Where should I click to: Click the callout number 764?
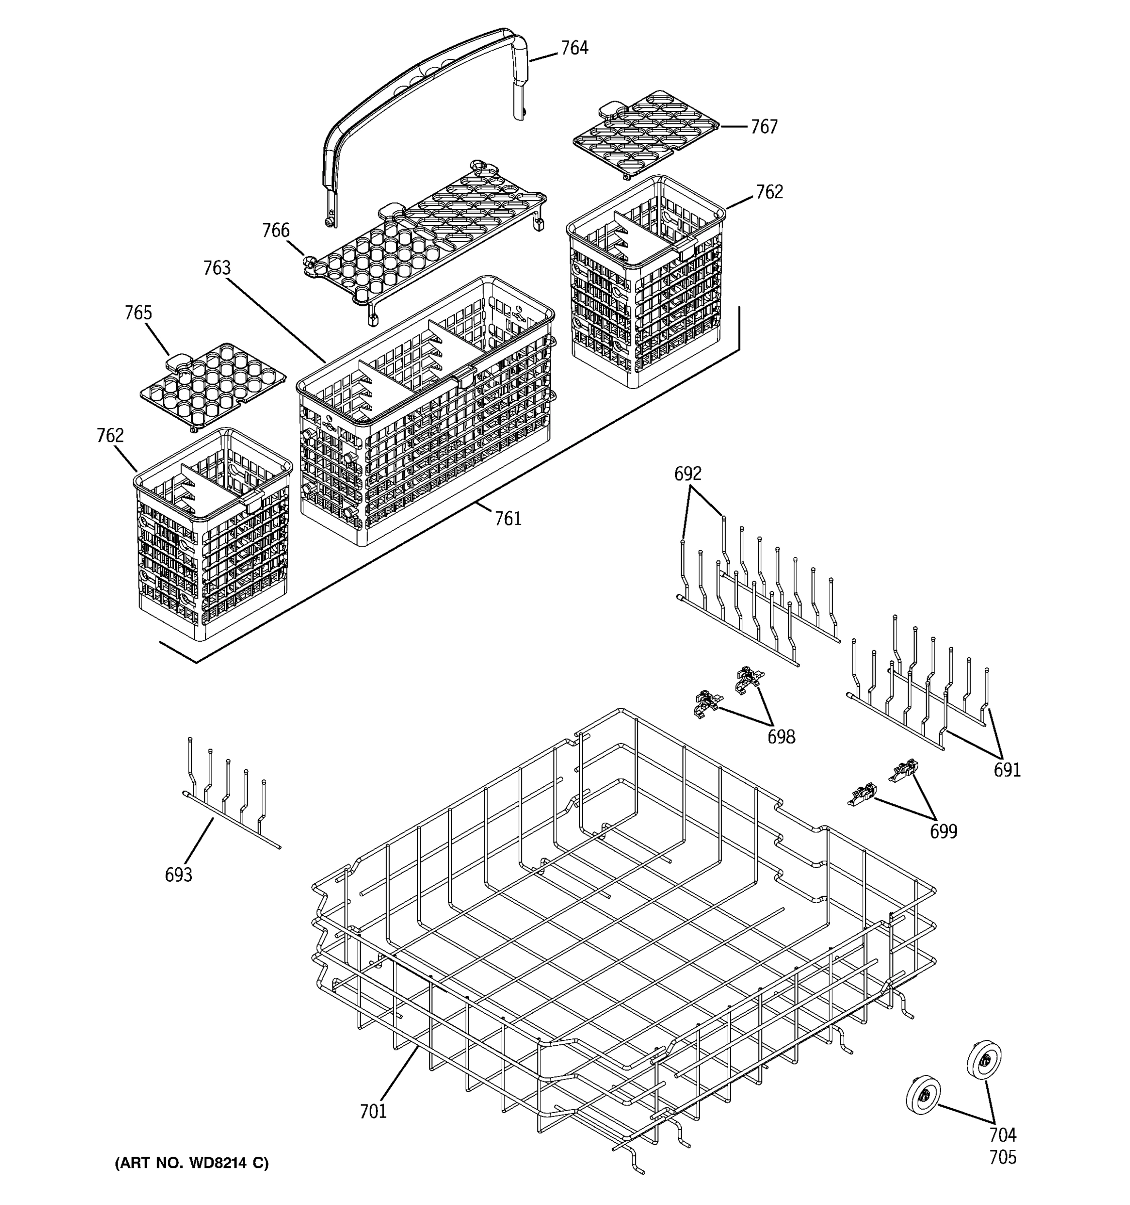tap(574, 48)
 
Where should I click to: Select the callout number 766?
tap(276, 230)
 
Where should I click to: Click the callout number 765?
tap(138, 313)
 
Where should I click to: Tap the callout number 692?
tap(688, 473)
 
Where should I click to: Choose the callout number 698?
tap(781, 737)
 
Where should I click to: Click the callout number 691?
tap(1006, 770)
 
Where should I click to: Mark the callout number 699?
tap(943, 831)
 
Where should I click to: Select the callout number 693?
tap(178, 875)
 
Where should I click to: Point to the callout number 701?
tap(373, 1112)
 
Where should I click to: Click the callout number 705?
tap(1003, 1157)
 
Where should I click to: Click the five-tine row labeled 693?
tap(228, 794)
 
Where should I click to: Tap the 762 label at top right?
tap(769, 192)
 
